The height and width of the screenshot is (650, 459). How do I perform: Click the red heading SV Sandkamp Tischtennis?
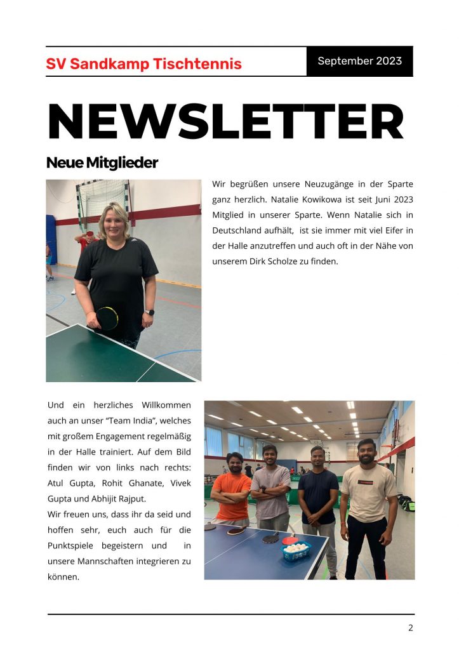point(143,64)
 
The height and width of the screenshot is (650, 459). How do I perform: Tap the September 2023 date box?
point(359,62)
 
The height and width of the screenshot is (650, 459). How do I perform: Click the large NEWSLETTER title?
point(226,121)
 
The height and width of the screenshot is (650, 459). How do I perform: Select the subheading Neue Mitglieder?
point(102,163)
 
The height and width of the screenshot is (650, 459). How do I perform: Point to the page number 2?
point(410,628)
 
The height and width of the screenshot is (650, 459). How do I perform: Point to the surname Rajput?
point(132,498)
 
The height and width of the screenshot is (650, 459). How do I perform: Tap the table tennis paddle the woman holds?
point(107,318)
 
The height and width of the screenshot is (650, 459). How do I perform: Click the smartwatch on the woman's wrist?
point(149,312)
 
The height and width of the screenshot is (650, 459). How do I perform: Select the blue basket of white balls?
point(296,550)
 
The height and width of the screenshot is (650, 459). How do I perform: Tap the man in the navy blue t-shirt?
point(318,501)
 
